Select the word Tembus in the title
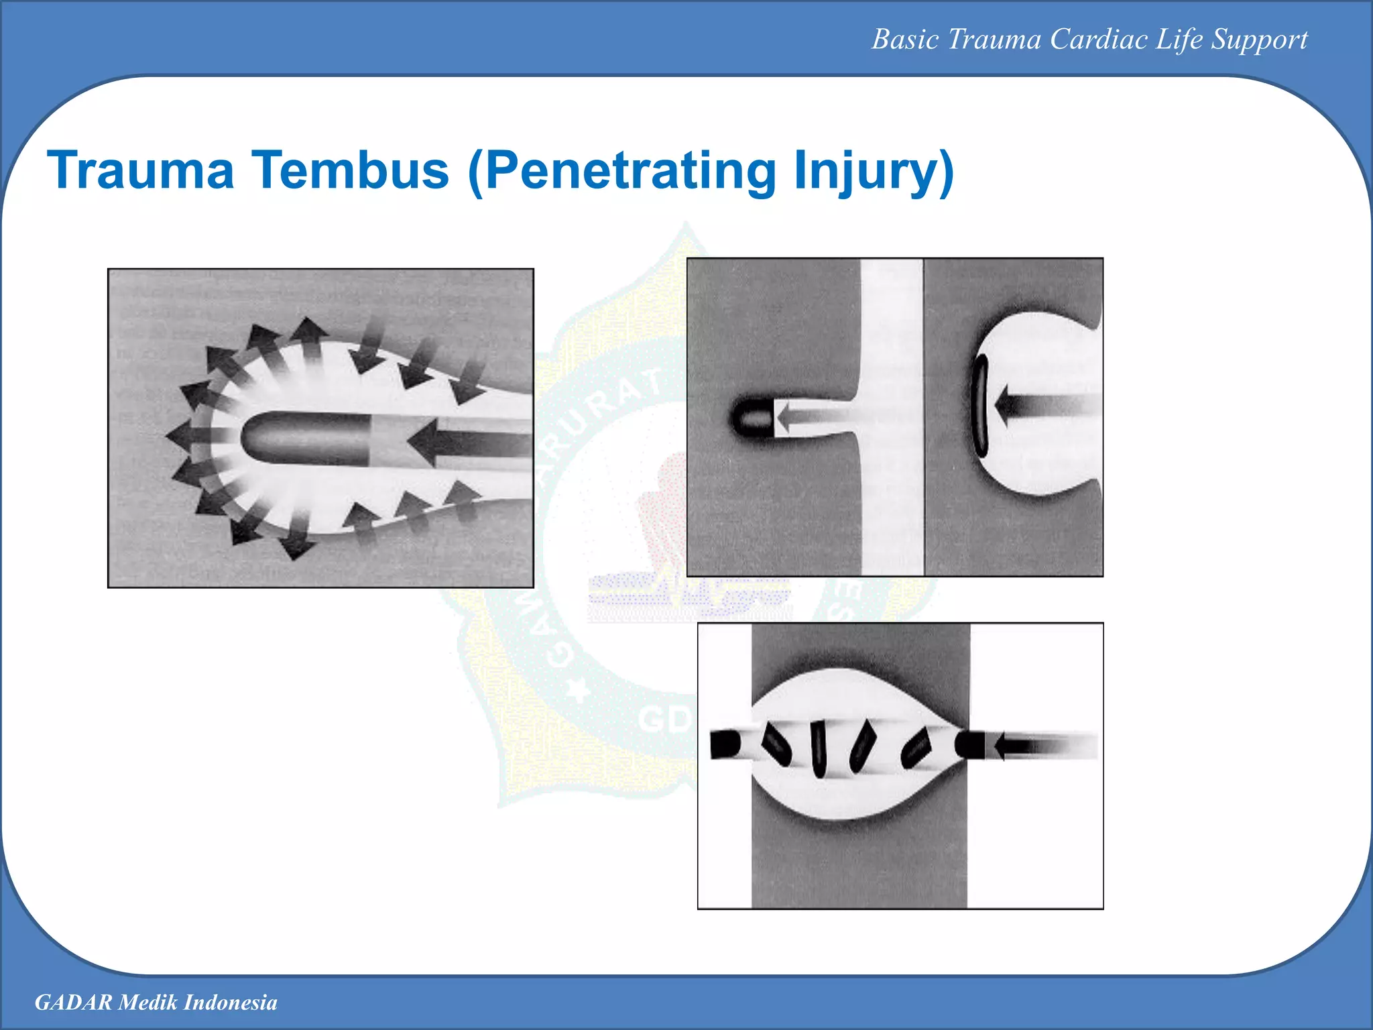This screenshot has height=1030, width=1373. point(349,170)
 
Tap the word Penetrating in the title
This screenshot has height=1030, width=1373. point(630,170)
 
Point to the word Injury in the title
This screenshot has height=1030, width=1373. point(872,170)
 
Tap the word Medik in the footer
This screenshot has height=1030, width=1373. point(148,1002)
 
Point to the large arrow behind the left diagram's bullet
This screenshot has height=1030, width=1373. point(469,443)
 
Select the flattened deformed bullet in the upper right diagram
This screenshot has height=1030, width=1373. point(981,406)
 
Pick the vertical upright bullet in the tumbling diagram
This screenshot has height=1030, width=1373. point(819,748)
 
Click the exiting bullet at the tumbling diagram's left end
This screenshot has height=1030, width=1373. point(725,744)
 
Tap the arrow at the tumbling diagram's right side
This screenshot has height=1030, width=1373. point(1039,746)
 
